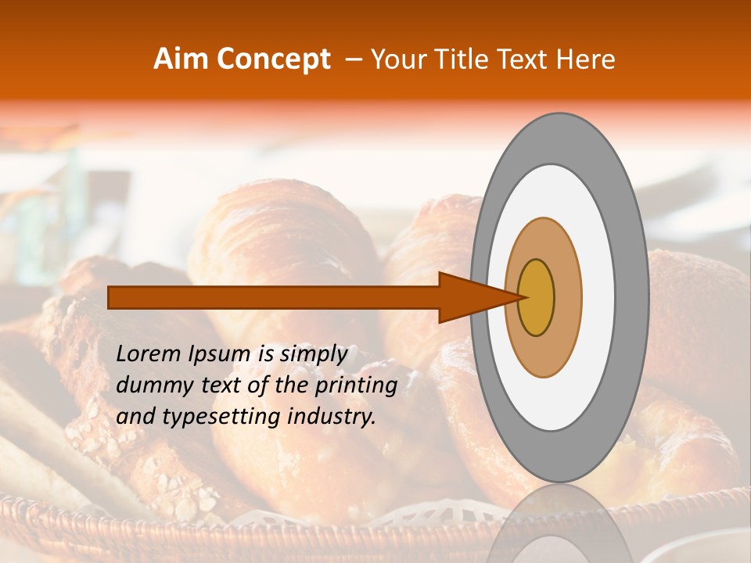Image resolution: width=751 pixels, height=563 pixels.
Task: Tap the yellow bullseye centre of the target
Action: (537, 297)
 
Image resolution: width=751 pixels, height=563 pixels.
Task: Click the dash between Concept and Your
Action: (354, 59)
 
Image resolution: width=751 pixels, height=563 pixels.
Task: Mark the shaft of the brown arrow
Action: (274, 297)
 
